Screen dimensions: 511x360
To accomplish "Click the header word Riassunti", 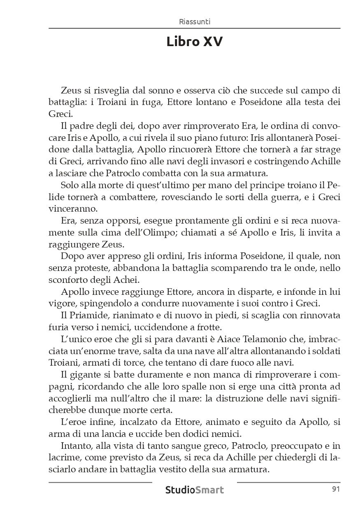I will (195, 22).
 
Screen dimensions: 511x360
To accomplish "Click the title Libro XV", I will (195, 42).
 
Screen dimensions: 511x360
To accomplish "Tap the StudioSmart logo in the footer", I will (195, 490).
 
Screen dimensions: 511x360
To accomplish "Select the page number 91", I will (335, 489).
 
